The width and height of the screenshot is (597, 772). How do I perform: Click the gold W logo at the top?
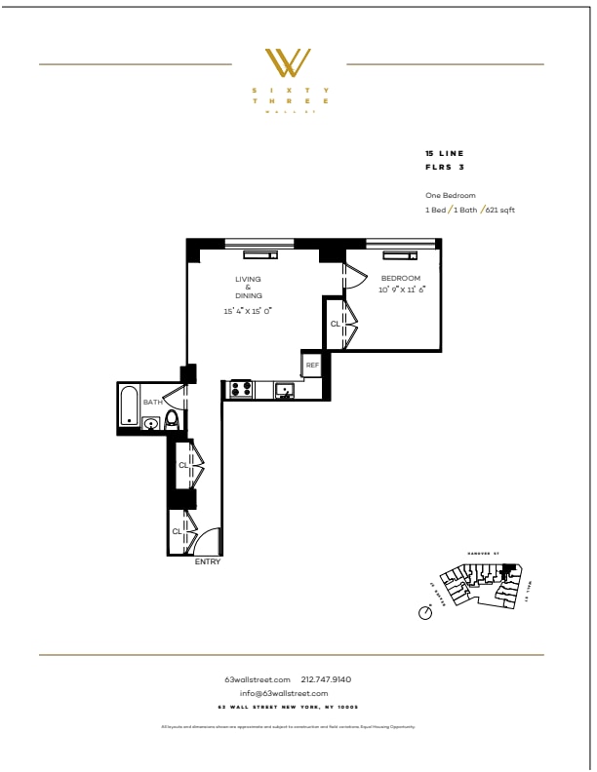(290, 64)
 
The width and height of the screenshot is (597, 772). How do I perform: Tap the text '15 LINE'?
(445, 154)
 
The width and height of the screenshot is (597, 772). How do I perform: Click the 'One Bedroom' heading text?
(451, 195)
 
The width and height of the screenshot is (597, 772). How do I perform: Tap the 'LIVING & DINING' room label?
(248, 287)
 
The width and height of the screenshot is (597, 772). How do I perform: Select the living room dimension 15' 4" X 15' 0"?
(248, 311)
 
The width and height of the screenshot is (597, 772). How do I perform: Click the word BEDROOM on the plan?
(400, 279)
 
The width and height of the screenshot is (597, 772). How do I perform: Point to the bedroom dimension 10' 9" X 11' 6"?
(403, 289)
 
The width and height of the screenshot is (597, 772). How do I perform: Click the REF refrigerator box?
(312, 365)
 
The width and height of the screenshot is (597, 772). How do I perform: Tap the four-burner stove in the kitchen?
(240, 390)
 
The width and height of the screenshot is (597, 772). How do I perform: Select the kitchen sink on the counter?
(284, 391)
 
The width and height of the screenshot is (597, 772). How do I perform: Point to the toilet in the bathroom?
(172, 420)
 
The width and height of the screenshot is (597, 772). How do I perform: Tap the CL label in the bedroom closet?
(335, 323)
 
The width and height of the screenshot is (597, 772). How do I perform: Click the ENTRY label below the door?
(208, 562)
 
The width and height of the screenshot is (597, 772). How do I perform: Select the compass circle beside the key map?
(424, 613)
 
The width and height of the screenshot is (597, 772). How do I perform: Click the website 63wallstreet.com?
(258, 679)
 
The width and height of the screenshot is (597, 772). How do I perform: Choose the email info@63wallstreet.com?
(290, 693)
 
